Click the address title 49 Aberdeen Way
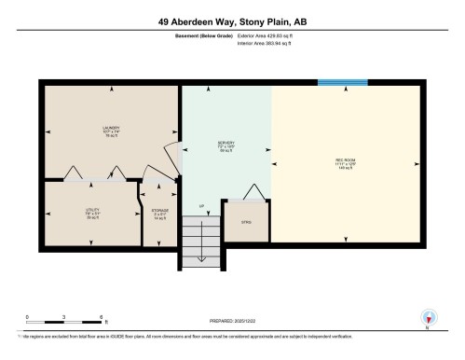(232, 16)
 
